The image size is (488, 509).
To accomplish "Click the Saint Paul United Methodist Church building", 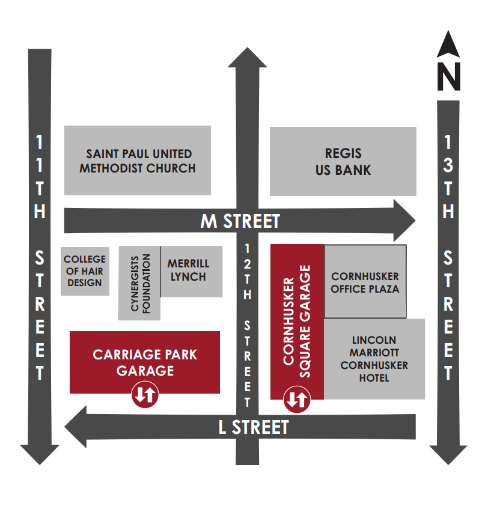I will [x=138, y=160].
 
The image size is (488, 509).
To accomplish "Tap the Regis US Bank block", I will [x=343, y=161].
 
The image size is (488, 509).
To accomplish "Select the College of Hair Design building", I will [x=85, y=271].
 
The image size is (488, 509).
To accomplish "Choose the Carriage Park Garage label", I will [x=145, y=362].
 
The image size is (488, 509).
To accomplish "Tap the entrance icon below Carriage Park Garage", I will [x=145, y=395].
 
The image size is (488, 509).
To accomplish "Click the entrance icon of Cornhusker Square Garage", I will [x=296, y=399].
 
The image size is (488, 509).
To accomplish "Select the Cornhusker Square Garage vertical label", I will [x=297, y=321].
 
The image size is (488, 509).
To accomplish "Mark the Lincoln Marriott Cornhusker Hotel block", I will [x=374, y=359].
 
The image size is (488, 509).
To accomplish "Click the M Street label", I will [x=240, y=221].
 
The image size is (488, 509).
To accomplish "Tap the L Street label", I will [x=253, y=427].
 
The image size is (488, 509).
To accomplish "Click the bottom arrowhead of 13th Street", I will [x=448, y=454].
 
